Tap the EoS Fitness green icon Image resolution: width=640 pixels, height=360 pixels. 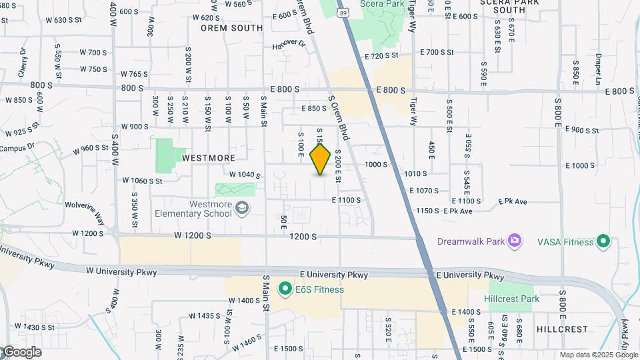(285, 289)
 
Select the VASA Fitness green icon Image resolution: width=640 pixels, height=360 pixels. (603, 241)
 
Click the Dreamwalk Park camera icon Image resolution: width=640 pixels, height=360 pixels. (514, 241)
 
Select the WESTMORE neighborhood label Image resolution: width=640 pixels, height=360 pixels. (209, 158)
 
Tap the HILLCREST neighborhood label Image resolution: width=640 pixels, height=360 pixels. (562, 329)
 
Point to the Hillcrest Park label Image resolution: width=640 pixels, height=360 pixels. (512, 299)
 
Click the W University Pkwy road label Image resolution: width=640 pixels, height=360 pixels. (121, 272)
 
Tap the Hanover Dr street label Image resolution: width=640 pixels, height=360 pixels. (288, 45)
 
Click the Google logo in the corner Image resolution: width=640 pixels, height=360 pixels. (21, 352)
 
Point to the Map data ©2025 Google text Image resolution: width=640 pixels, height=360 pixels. (598, 355)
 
